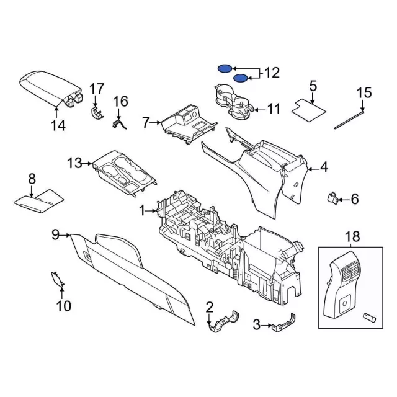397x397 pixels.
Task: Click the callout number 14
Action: pyautogui.click(x=57, y=127)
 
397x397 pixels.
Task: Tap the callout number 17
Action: pyautogui.click(x=96, y=89)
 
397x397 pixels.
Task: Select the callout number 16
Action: pyautogui.click(x=120, y=101)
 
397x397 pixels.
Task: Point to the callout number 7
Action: pyautogui.click(x=146, y=123)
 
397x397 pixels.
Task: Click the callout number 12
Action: pyautogui.click(x=272, y=73)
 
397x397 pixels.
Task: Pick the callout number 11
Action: pyautogui.click(x=274, y=109)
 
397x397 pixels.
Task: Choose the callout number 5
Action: pyautogui.click(x=313, y=86)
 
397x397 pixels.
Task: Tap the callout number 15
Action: pyautogui.click(x=364, y=93)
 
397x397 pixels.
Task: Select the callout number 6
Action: pyautogui.click(x=354, y=199)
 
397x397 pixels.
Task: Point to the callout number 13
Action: pyautogui.click(x=74, y=163)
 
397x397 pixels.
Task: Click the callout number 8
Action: pyautogui.click(x=32, y=179)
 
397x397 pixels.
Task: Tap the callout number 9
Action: pyautogui.click(x=55, y=234)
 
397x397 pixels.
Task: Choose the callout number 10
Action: pyautogui.click(x=64, y=305)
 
